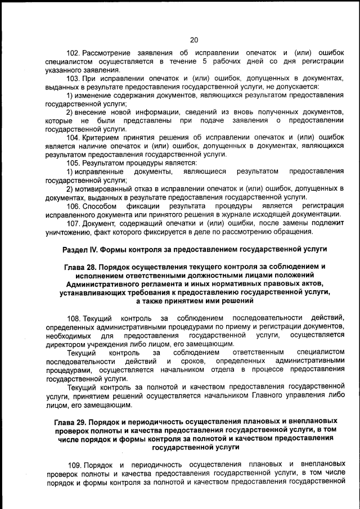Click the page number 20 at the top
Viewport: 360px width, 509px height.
click(194, 39)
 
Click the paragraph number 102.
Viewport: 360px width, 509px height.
click(74, 52)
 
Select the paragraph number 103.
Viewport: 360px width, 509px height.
click(74, 78)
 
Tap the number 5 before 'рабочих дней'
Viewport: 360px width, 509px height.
click(205, 61)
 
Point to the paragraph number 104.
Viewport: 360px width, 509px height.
click(74, 137)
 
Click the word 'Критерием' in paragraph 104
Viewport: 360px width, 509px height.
click(100, 137)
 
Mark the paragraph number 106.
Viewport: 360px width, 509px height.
click(74, 205)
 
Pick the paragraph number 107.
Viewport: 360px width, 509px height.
click(74, 223)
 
